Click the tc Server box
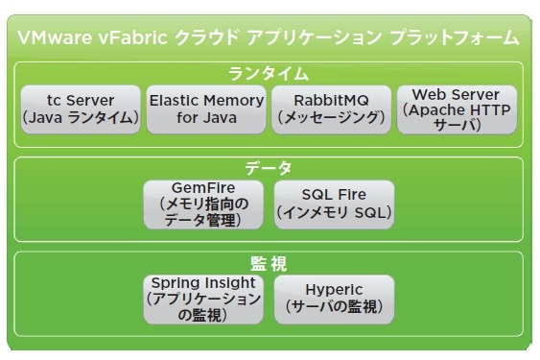[x=81, y=109]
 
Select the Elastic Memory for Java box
[x=206, y=108]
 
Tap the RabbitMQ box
[x=331, y=109]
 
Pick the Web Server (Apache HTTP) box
[x=457, y=109]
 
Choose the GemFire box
[x=203, y=204]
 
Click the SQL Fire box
[x=332, y=204]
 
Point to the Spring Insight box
[x=203, y=298]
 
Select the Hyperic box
[x=332, y=298]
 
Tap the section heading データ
[x=269, y=167]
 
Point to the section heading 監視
[x=269, y=261]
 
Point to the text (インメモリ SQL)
[x=332, y=213]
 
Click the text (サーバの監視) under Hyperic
[x=332, y=307]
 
